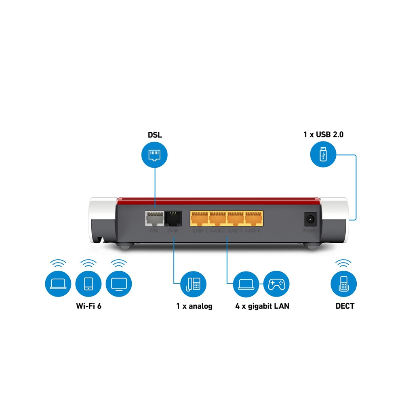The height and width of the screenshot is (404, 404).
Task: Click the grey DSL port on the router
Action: [154, 219]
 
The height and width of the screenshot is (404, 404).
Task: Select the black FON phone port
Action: [173, 219]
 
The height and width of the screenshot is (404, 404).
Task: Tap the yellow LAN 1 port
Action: [200, 218]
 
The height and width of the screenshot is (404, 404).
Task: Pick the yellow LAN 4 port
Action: [254, 218]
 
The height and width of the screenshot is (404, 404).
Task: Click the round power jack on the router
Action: [310, 219]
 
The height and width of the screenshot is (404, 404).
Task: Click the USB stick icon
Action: [322, 155]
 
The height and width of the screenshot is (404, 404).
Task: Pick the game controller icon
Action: [277, 284]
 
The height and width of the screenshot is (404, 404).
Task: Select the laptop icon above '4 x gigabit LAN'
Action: [246, 284]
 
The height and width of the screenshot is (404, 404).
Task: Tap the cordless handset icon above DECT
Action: [344, 284]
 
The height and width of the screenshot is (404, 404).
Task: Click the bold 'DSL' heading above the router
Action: [154, 135]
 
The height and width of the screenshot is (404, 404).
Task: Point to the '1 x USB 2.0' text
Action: [323, 135]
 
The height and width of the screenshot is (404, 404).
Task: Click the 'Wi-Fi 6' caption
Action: [88, 306]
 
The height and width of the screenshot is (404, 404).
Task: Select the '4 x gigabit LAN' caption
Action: [262, 306]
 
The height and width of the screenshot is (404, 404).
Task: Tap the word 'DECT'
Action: [345, 306]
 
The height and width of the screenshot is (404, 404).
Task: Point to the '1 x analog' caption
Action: [194, 306]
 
